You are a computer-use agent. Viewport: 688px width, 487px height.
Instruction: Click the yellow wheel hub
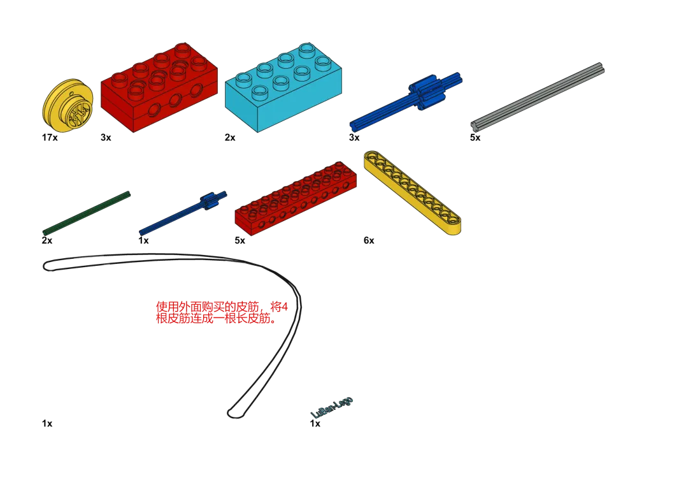(x=67, y=106)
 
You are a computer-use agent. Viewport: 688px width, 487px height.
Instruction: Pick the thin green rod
(x=87, y=212)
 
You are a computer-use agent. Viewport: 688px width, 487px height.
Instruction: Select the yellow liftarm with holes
(x=412, y=193)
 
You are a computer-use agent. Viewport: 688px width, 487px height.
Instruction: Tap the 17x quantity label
(x=50, y=138)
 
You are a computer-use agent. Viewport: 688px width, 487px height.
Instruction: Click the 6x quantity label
(x=369, y=240)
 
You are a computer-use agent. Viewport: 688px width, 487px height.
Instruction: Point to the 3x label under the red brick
(x=105, y=138)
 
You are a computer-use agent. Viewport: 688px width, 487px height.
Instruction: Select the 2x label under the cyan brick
(x=230, y=138)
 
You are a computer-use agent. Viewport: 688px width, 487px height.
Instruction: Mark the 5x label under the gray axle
(x=475, y=138)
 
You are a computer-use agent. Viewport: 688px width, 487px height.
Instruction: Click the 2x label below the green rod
(x=47, y=240)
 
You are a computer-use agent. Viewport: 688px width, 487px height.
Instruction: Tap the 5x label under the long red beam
(x=240, y=240)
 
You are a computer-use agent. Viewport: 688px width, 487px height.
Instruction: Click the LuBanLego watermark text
(x=332, y=408)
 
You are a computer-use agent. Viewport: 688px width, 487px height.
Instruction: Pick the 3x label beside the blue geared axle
(x=354, y=138)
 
